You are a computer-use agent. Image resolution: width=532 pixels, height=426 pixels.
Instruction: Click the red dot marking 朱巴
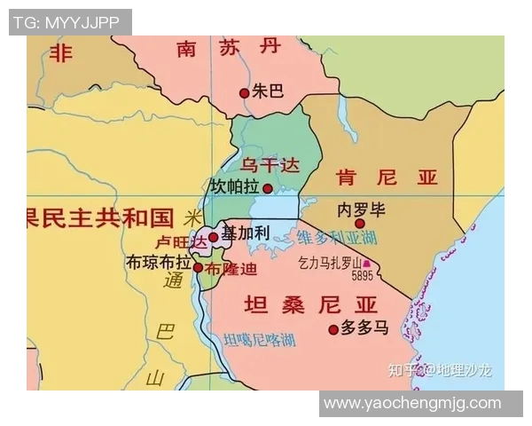click(x=245, y=92)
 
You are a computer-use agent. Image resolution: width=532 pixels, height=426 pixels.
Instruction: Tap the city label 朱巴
click(x=268, y=91)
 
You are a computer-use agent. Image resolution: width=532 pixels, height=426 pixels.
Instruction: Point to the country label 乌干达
click(x=271, y=165)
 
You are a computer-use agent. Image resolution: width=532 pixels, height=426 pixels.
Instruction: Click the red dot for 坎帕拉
click(x=268, y=189)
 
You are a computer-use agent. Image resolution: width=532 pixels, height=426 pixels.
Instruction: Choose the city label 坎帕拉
click(x=234, y=188)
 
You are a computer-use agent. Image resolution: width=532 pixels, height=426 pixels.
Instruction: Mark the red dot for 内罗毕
click(x=360, y=224)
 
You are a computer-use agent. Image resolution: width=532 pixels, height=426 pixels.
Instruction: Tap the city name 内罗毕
click(x=362, y=209)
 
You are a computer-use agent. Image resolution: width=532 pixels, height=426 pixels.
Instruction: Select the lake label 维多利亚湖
click(x=337, y=238)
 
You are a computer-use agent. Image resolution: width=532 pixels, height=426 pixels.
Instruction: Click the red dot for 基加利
click(x=213, y=237)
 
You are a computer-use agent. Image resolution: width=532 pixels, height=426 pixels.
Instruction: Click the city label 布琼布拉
click(x=160, y=263)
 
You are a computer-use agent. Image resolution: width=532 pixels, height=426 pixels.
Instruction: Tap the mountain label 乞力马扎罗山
click(x=331, y=263)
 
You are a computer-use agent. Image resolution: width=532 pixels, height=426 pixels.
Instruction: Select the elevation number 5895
click(x=362, y=276)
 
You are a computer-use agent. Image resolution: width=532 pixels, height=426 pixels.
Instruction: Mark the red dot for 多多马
click(x=333, y=329)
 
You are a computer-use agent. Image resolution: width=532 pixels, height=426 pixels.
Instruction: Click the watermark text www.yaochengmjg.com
click(x=412, y=403)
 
